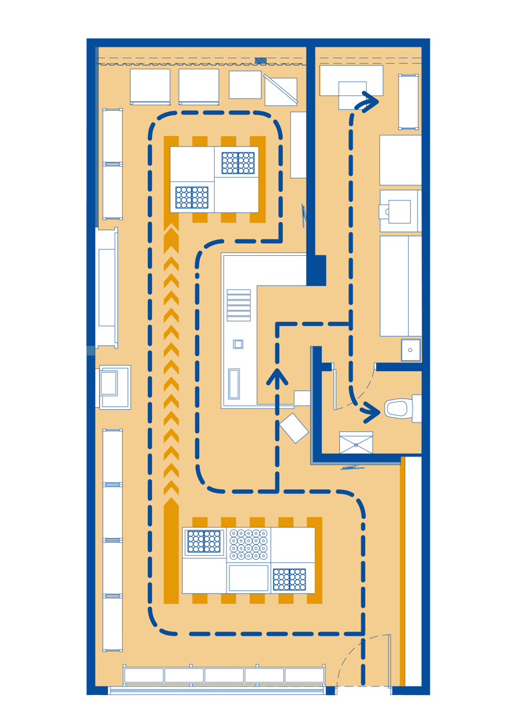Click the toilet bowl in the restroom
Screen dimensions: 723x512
pos(398,408)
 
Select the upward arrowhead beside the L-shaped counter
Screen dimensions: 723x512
pos(277,377)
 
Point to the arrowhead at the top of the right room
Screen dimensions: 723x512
pos(369,103)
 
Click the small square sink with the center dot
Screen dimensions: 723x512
pos(411,350)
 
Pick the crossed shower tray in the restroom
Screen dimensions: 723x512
pos(356,442)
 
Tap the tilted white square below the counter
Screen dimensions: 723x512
pos(294,428)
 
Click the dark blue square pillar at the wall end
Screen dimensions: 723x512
pos(316,271)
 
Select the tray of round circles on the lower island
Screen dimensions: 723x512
pos(249,543)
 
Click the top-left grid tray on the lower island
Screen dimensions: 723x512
pos(204,541)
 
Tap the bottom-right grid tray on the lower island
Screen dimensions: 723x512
pos(289,579)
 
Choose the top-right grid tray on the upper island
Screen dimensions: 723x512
pos(238,163)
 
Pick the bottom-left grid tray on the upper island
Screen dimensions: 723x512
pos(192,197)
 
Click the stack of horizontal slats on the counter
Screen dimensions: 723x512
pos(239,305)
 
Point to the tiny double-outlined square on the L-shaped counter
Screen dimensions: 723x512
pos(238,345)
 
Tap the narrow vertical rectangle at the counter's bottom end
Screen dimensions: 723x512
pos(234,384)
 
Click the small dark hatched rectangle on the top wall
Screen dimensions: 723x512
pos(261,61)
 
